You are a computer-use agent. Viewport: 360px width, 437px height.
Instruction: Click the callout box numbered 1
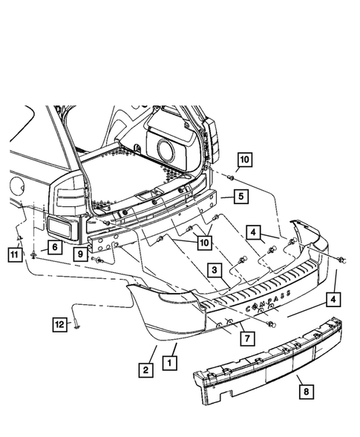(169, 363)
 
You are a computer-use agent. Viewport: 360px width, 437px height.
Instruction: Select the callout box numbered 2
(145, 370)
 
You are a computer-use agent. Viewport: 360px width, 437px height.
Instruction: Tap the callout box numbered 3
(215, 270)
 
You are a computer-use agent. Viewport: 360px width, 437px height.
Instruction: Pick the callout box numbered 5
(241, 197)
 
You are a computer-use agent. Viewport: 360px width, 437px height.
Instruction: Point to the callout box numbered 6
(55, 247)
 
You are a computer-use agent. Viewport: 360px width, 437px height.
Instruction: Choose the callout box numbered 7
(247, 338)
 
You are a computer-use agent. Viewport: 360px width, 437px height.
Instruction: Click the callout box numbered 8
(306, 391)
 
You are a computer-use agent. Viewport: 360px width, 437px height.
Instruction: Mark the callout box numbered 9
(80, 254)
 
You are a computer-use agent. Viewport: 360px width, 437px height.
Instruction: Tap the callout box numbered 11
(15, 254)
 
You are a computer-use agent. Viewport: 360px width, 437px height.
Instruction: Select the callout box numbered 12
(59, 325)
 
